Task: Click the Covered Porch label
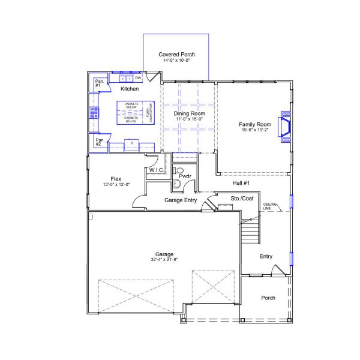pyautogui.click(x=176, y=54)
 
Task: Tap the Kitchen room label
pyautogui.click(x=130, y=89)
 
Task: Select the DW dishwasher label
pyautogui.click(x=138, y=78)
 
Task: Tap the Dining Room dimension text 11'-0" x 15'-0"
pyautogui.click(x=190, y=119)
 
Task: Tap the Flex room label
pyautogui.click(x=116, y=179)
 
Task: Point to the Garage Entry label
pyautogui.click(x=181, y=200)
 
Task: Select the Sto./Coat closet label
pyautogui.click(x=242, y=197)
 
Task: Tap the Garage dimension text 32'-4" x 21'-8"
pyautogui.click(x=164, y=259)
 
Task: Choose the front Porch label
pyautogui.click(x=268, y=298)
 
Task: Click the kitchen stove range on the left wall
pyautogui.click(x=94, y=111)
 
